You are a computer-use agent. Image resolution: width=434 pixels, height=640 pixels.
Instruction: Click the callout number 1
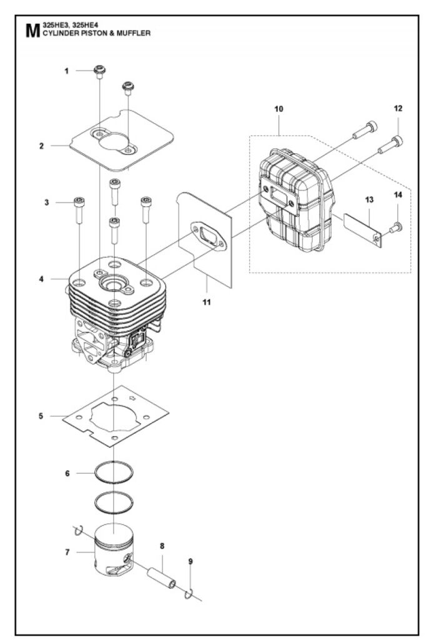click(x=66, y=71)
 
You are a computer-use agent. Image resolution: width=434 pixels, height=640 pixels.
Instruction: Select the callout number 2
click(x=41, y=146)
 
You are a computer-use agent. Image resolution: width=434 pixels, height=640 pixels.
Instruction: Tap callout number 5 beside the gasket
click(x=41, y=415)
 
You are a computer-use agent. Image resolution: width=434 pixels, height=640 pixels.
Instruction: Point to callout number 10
click(x=279, y=109)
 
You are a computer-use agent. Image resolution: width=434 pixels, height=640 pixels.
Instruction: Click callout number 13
click(x=370, y=199)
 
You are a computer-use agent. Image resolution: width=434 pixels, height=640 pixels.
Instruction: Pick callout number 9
click(x=190, y=562)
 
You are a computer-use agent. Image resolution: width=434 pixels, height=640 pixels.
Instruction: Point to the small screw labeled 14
click(x=395, y=228)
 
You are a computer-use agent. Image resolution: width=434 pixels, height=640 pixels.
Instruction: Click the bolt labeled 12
click(x=390, y=145)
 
